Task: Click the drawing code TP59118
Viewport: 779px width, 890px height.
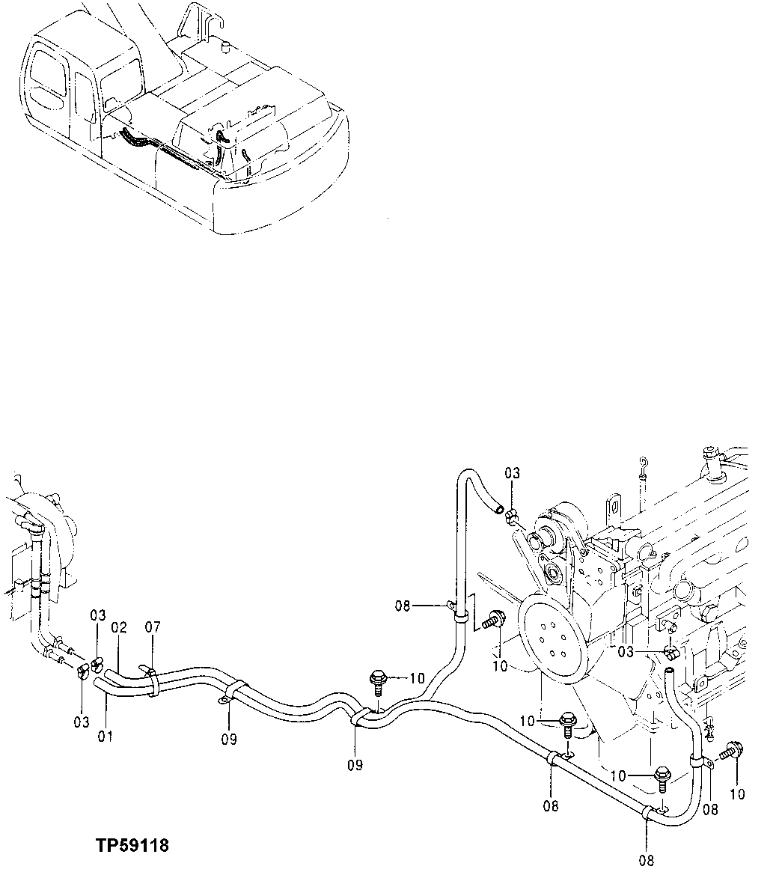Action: point(132,846)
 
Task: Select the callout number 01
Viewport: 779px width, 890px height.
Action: point(105,736)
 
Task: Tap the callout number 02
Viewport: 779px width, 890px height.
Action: point(120,627)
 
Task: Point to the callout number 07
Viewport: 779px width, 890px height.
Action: point(153,627)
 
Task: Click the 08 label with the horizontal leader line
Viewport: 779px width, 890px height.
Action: point(403,605)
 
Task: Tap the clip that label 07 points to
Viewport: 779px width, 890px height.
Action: point(152,682)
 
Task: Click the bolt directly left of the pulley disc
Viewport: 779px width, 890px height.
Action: point(495,621)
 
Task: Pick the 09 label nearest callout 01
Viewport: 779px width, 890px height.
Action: point(229,740)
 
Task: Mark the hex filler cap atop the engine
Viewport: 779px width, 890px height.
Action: point(709,454)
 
